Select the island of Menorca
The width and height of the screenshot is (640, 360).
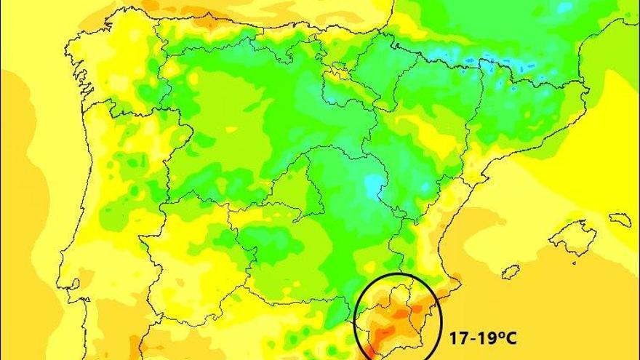click(620, 219)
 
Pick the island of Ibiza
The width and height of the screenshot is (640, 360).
click(511, 272)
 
